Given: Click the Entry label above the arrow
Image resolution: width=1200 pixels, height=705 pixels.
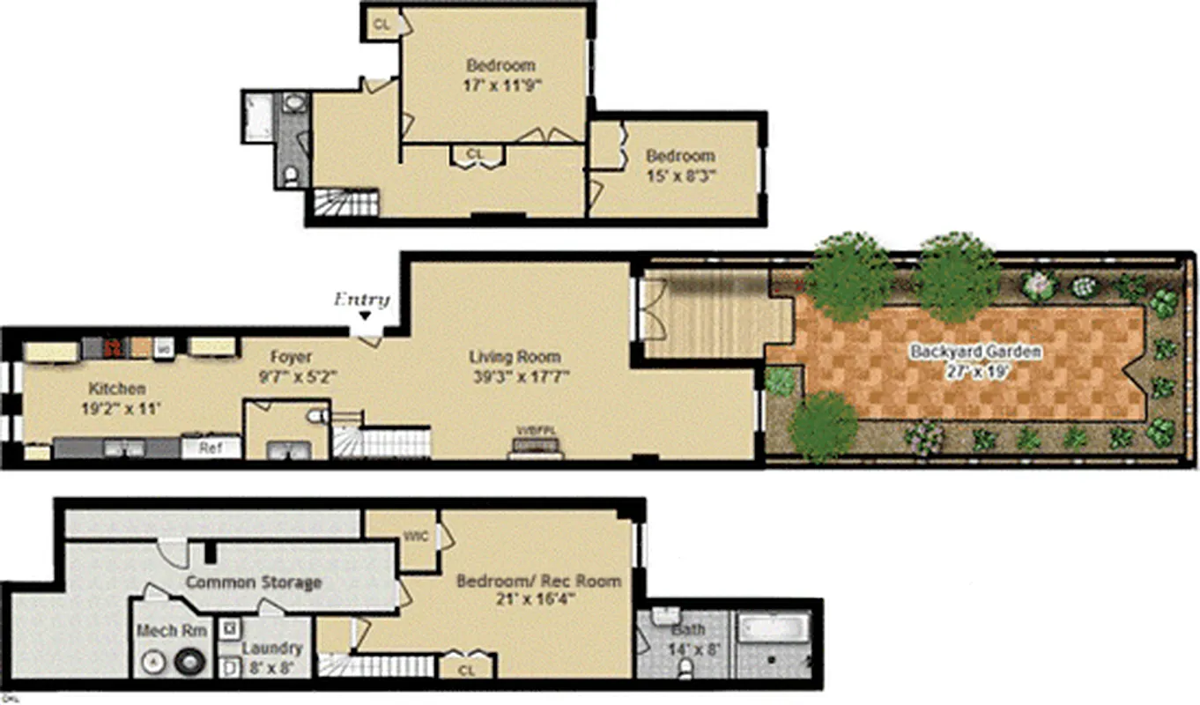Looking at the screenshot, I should pyautogui.click(x=361, y=300).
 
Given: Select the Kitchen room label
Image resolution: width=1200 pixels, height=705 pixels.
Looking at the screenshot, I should pyautogui.click(x=116, y=388).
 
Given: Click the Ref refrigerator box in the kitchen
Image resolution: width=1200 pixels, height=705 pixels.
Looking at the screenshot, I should pyautogui.click(x=210, y=448).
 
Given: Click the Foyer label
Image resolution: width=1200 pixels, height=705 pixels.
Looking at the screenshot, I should pyautogui.click(x=290, y=357).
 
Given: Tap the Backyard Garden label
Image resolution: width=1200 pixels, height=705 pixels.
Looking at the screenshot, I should pyautogui.click(x=975, y=352).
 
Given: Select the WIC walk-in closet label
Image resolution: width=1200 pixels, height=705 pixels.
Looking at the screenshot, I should pyautogui.click(x=415, y=535).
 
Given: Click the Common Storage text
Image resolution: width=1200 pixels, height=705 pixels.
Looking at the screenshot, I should pyautogui.click(x=253, y=583).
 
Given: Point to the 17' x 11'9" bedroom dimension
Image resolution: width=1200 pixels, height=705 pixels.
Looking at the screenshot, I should pyautogui.click(x=501, y=85).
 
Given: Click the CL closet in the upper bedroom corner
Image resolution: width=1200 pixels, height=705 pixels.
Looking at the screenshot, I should pyautogui.click(x=381, y=24).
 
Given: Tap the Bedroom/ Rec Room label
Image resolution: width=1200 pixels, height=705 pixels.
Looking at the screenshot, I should pyautogui.click(x=538, y=581).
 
